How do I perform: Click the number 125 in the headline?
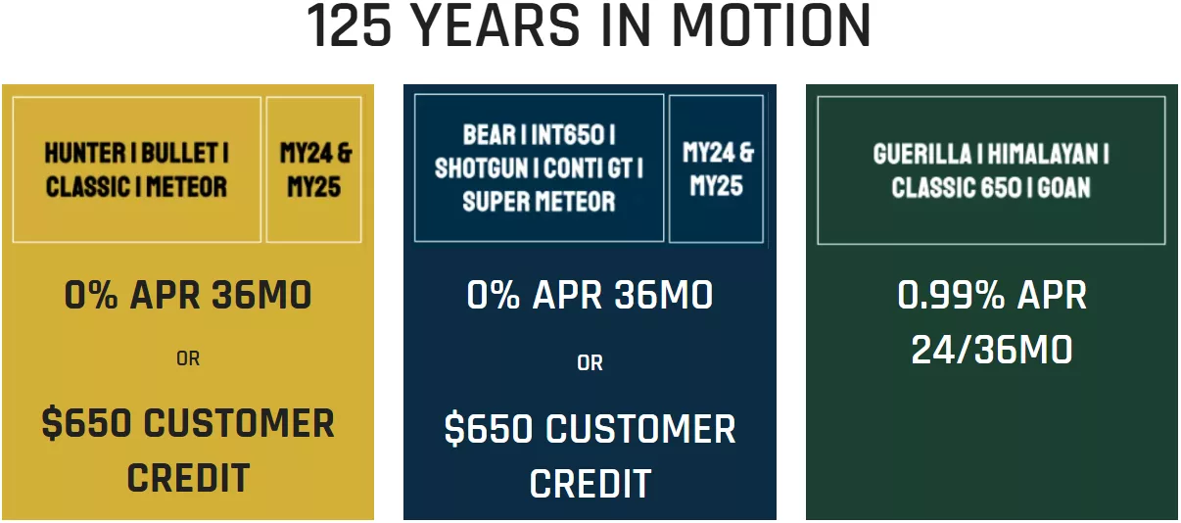pos(349,25)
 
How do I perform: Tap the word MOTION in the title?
pos(772,25)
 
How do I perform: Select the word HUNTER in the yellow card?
pos(85,154)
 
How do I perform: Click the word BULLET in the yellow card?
pos(179,154)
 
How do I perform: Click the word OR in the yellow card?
pos(188,359)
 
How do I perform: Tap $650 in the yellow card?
pos(86,423)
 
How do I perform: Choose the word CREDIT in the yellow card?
pos(188,478)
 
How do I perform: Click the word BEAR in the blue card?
pos(490,135)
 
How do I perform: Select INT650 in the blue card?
pos(567,135)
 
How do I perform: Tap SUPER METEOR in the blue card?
pos(539,202)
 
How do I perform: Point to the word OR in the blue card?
pos(590,363)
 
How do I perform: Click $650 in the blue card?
pos(489,429)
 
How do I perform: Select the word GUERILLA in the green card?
pos(922,154)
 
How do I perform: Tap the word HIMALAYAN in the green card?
pos(1042,154)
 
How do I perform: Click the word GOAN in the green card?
pos(1063,188)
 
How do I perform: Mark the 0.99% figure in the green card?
pos(951,295)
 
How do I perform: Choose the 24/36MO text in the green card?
pos(992,350)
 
